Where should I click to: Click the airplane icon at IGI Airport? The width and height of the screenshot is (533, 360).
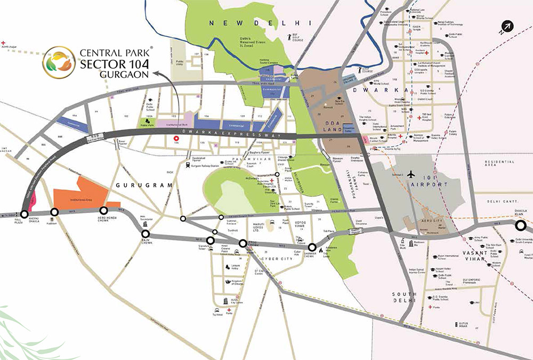[x=411, y=175]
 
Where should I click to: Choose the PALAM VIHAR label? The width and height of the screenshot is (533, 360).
[x=256, y=159]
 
